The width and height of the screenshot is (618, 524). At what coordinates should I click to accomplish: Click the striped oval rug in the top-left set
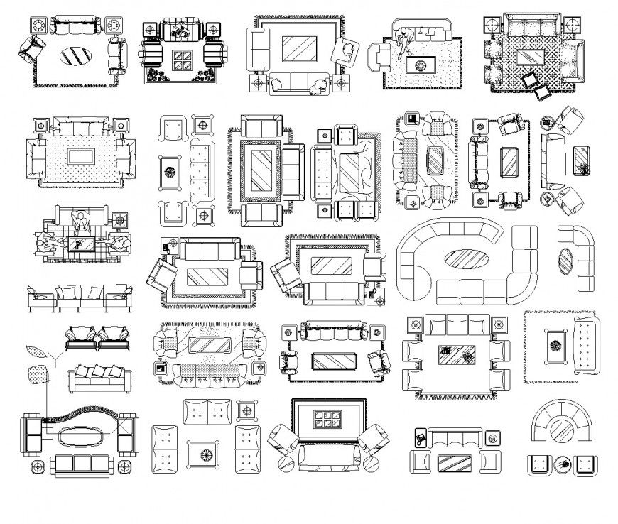pyautogui.click(x=74, y=55)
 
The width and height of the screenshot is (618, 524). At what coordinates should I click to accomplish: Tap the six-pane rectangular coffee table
pyautogui.click(x=327, y=419)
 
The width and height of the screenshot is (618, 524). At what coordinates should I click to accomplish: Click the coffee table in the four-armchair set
pyautogui.click(x=456, y=353)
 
